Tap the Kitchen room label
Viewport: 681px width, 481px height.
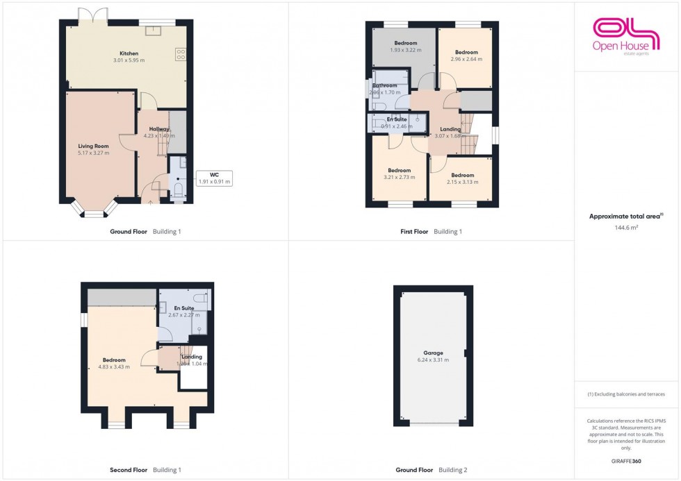(x=129, y=53)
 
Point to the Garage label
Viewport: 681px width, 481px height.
(x=433, y=353)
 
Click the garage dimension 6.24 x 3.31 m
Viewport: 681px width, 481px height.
(x=433, y=360)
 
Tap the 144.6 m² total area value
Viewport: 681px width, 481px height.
(x=627, y=227)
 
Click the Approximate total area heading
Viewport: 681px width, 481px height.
(x=626, y=217)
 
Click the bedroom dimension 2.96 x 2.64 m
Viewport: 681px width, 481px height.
(x=466, y=59)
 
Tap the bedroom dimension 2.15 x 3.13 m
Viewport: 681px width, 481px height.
(x=462, y=182)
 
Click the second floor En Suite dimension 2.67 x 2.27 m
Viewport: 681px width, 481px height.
(x=184, y=314)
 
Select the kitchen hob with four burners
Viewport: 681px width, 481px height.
(x=181, y=53)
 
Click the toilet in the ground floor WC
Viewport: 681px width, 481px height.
(x=178, y=189)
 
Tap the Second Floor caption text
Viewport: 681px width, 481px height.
(x=129, y=470)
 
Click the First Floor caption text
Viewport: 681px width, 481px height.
(x=411, y=231)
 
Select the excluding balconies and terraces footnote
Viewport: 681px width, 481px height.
(x=626, y=394)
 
